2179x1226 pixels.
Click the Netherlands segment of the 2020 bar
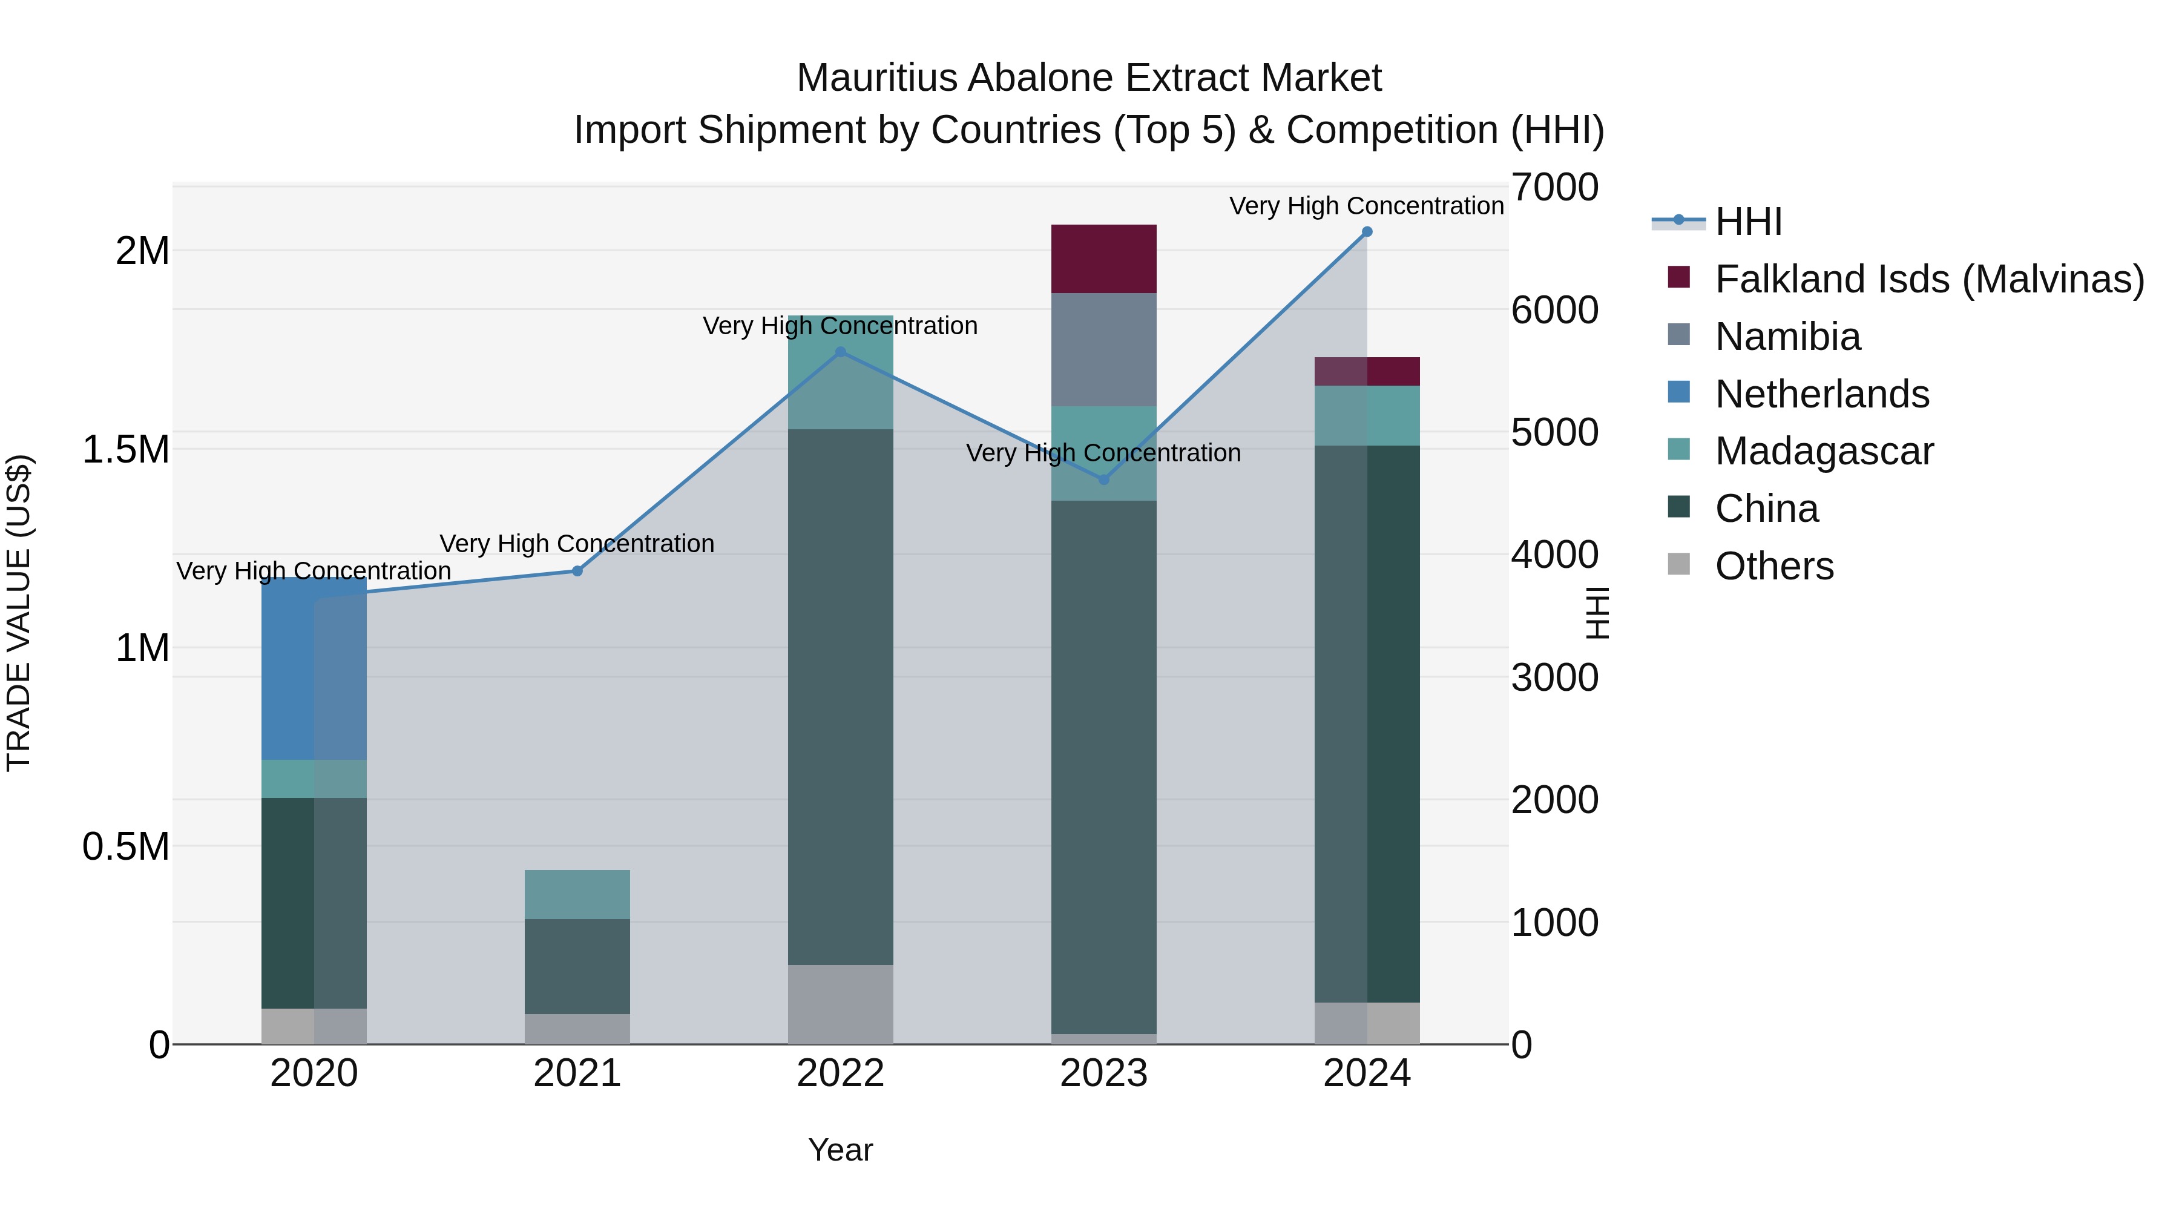[313, 668]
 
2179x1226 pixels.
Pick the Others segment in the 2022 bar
[840, 1004]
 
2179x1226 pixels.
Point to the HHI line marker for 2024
[1367, 232]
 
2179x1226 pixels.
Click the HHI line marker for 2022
[840, 352]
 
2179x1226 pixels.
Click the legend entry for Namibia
[1787, 337]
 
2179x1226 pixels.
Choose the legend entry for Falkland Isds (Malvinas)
[1928, 279]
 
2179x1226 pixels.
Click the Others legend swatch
[1678, 564]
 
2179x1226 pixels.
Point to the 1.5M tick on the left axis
[126, 449]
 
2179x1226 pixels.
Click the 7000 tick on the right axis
[1555, 187]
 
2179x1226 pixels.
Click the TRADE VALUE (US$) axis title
[19, 613]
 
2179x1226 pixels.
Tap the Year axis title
[840, 1150]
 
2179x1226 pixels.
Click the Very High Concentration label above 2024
[1366, 206]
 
